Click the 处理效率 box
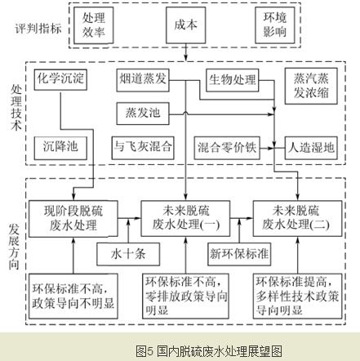(94, 25)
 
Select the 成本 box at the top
(185, 25)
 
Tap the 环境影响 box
(275, 25)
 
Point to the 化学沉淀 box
(60, 79)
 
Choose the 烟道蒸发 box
(143, 80)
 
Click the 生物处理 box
(233, 80)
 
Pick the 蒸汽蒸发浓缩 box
(311, 86)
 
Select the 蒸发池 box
(143, 114)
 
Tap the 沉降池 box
(60, 148)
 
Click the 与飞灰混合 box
(143, 148)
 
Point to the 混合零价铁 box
(227, 148)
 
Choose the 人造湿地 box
(311, 148)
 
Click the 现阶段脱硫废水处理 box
(73, 219)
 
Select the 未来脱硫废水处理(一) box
(185, 218)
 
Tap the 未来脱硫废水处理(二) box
(297, 218)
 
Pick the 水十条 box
(128, 254)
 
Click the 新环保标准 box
(239, 254)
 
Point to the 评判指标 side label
(38, 29)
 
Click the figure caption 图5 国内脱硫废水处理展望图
(209, 351)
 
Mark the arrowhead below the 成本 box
(185, 58)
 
